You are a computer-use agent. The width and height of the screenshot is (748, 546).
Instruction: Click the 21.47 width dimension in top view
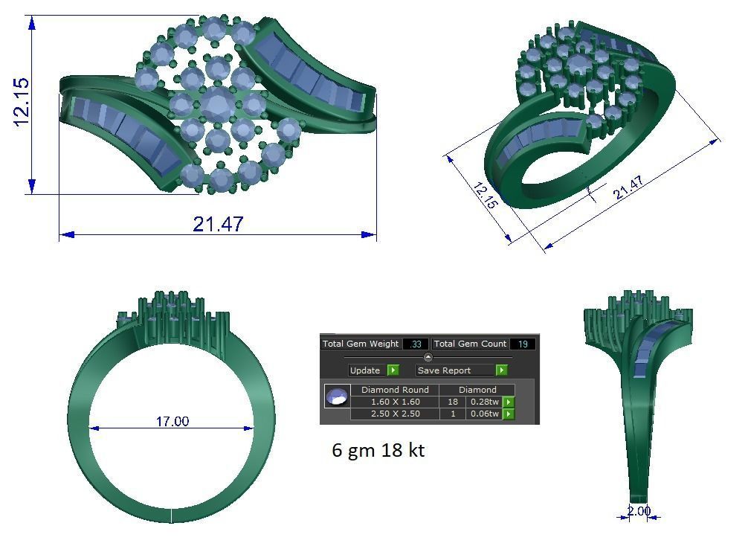[217, 224]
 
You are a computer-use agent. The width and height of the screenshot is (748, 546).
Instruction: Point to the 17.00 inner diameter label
[172, 421]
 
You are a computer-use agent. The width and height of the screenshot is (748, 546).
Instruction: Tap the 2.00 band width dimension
[638, 511]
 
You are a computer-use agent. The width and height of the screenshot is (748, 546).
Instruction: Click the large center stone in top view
[216, 103]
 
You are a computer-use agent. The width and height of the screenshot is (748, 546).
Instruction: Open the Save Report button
[454, 370]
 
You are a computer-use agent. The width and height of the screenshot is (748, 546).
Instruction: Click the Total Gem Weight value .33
[415, 344]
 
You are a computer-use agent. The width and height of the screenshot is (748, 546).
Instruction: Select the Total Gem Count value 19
[523, 344]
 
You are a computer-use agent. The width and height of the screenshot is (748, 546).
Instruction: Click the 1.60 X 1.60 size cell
[395, 402]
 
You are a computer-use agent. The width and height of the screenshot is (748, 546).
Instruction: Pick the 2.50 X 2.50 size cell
[395, 414]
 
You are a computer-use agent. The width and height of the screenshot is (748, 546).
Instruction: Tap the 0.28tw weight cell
[483, 402]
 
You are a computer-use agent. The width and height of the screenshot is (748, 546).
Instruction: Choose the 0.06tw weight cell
[483, 414]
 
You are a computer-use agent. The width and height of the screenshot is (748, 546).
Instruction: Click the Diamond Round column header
[395, 390]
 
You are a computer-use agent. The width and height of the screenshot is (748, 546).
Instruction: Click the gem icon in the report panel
[337, 396]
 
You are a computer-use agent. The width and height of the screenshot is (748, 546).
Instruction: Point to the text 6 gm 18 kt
[378, 450]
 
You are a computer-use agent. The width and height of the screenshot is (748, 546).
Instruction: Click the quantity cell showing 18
[452, 402]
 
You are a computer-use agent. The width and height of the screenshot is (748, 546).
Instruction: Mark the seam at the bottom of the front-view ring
[172, 515]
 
